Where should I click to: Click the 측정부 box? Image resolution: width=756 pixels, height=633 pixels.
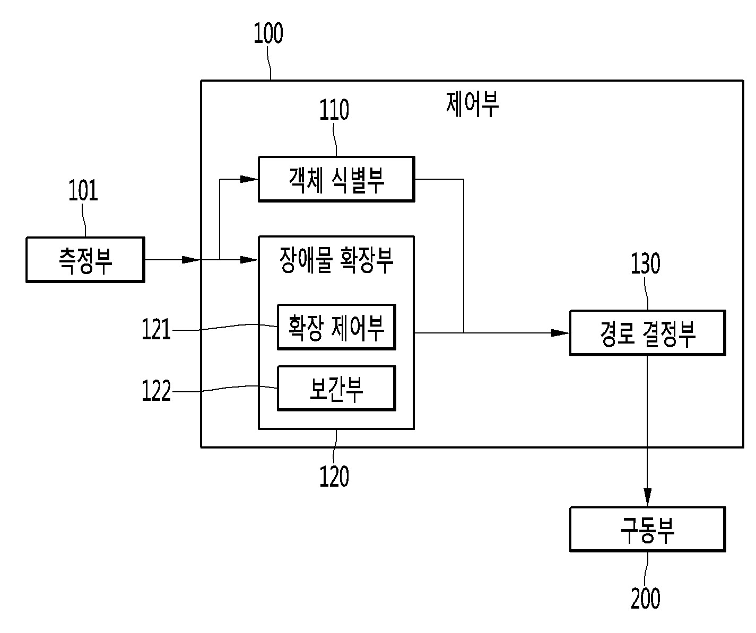tap(85, 260)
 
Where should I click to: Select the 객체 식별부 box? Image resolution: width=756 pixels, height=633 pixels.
tap(336, 179)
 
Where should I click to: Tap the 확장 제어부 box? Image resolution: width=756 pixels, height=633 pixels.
tap(336, 327)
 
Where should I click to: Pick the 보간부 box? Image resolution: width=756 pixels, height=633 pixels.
tap(336, 388)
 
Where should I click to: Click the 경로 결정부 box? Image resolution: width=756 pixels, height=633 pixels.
tap(647, 333)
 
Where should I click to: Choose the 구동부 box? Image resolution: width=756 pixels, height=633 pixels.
tap(647, 530)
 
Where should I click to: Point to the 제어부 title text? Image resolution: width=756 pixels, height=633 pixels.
tap(472, 104)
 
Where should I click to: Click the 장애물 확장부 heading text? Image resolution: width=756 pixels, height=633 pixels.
tap(336, 260)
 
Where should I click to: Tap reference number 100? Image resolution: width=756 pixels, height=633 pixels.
tap(268, 33)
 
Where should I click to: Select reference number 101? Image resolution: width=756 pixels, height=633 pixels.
tap(83, 191)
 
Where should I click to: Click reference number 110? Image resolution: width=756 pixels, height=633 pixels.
tap(334, 110)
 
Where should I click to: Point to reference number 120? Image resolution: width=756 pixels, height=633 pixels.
tap(334, 476)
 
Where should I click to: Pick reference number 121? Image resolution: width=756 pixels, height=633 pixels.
tap(157, 330)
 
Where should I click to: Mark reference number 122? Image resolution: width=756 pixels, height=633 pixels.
tap(157, 392)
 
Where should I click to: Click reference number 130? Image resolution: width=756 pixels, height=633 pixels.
tap(646, 264)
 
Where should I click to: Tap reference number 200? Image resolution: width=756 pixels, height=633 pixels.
tap(646, 599)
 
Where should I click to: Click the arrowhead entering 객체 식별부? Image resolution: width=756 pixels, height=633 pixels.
tap(249, 179)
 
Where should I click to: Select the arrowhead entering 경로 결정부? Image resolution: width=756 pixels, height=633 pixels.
tap(560, 333)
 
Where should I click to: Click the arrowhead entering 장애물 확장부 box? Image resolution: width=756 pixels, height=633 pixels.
tap(249, 260)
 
